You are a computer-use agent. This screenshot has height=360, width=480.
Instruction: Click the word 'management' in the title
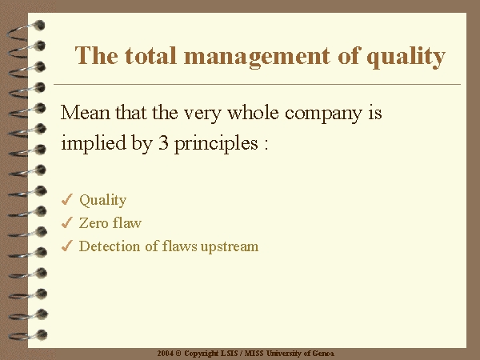pos(257,57)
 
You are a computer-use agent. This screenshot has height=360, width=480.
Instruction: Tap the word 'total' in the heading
pos(150,55)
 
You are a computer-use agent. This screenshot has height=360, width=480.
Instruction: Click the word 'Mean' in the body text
pos(85,112)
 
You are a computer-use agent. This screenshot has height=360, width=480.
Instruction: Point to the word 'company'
pos(323,114)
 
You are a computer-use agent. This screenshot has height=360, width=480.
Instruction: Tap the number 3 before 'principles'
pos(163,142)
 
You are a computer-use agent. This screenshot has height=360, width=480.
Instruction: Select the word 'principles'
pos(216,143)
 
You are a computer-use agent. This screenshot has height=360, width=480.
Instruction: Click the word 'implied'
pos(94,143)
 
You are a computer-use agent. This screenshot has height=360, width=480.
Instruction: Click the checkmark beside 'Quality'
pos(66,199)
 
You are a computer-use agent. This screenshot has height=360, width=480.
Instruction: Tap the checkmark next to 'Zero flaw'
pos(66,222)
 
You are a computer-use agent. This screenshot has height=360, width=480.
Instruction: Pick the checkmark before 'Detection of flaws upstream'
pos(66,246)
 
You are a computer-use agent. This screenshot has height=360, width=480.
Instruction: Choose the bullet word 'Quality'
pos(103,201)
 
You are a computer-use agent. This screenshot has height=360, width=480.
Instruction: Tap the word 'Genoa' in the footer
pos(323,354)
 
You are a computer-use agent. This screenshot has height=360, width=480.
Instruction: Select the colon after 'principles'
pos(266,145)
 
